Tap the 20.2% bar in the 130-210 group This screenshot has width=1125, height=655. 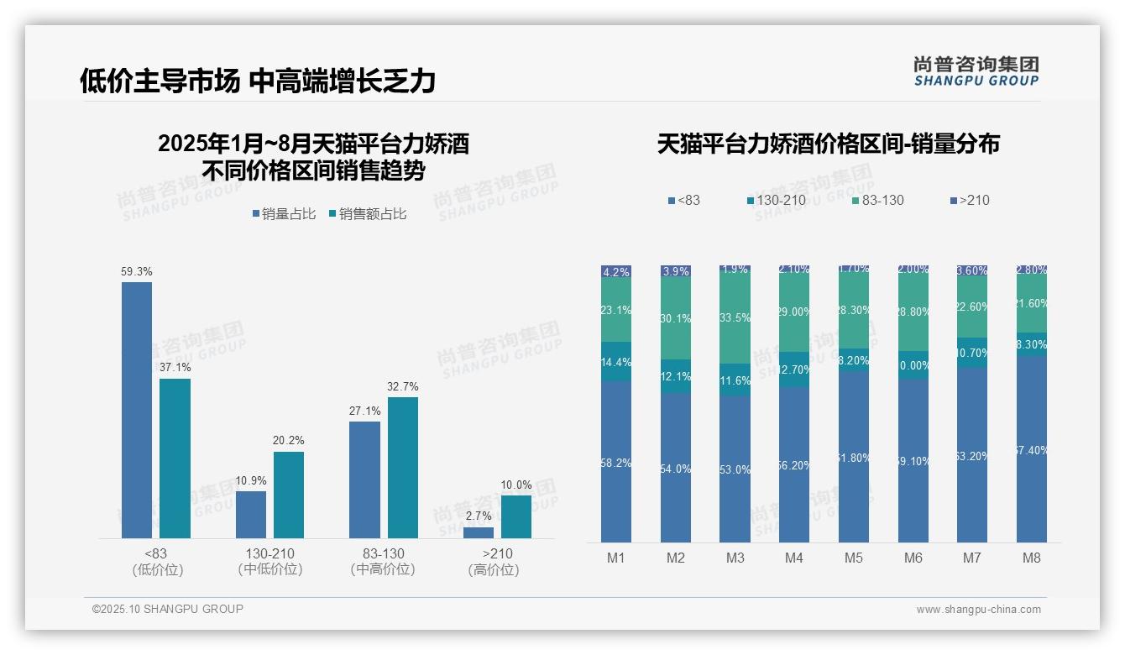289,495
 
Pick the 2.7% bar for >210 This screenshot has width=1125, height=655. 479,532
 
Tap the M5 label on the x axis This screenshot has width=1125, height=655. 853,558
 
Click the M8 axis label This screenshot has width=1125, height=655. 1032,558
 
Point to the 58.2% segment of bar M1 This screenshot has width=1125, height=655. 616,462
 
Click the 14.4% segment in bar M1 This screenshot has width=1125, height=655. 616,362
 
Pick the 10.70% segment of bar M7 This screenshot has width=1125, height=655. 972,353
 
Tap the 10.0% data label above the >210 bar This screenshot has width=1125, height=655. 515,485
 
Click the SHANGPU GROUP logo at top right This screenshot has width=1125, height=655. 976,71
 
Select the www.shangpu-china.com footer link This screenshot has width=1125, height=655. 978,610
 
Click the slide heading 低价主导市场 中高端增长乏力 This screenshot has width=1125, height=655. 258,81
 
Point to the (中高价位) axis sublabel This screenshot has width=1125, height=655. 383,569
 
